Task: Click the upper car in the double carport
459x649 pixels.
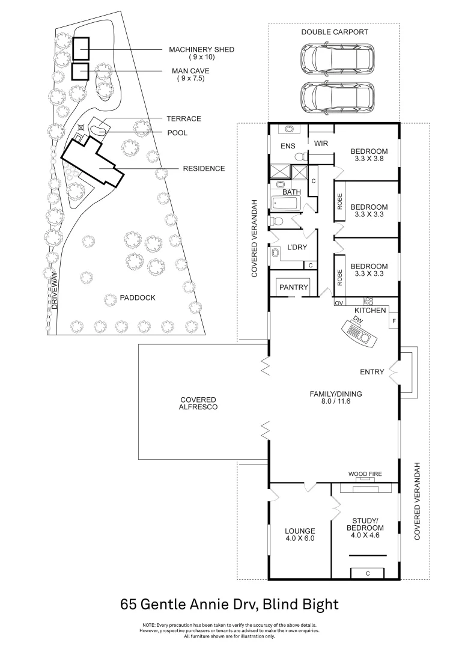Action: click(x=334, y=58)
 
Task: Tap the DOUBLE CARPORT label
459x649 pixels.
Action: click(x=335, y=32)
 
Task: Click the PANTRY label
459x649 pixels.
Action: click(x=293, y=287)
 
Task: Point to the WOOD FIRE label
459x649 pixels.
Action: click(x=365, y=474)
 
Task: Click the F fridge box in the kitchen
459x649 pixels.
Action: click(x=394, y=321)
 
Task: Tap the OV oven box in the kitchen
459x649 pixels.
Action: click(x=338, y=302)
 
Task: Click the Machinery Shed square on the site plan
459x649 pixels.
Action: click(x=81, y=49)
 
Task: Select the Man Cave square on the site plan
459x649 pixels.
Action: click(x=80, y=72)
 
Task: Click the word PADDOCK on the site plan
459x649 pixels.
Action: click(x=138, y=297)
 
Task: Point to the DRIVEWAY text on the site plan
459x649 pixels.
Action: click(x=54, y=291)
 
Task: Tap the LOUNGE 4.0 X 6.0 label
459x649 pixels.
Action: click(x=300, y=534)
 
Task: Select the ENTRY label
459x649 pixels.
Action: click(x=372, y=372)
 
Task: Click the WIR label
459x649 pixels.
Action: click(x=320, y=143)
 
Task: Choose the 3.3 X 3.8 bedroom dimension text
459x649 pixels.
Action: click(x=369, y=159)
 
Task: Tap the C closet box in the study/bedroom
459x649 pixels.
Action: click(x=367, y=574)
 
